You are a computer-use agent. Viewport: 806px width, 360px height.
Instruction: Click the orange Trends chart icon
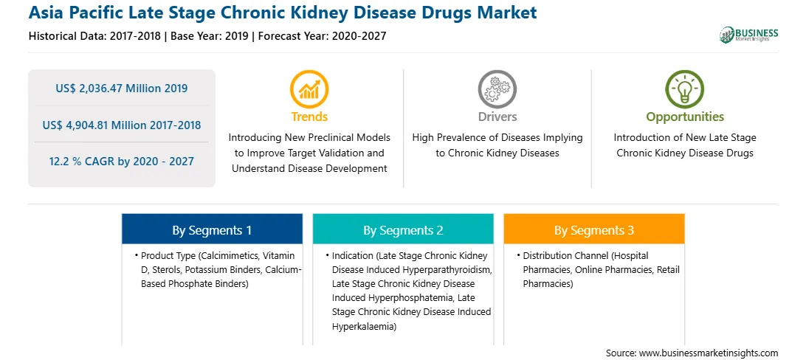tap(309, 89)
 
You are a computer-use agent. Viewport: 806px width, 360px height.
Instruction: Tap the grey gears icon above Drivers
tap(497, 89)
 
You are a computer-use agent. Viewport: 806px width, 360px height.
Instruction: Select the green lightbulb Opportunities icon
tap(685, 89)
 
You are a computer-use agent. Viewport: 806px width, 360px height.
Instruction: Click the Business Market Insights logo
tap(748, 35)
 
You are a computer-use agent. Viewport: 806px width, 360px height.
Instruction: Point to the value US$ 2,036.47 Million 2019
tap(121, 89)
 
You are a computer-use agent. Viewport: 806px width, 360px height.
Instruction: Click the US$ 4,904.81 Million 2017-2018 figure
tap(121, 125)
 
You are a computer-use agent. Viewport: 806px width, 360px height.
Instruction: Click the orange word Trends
tap(309, 117)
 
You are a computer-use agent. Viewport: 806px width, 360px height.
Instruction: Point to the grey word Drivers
tap(497, 117)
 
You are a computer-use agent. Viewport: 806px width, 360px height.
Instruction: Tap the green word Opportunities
tap(685, 117)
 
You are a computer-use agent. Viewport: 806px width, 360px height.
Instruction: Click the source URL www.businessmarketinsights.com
tap(709, 353)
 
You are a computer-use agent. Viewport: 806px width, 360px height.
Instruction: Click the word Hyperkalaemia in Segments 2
tap(362, 326)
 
